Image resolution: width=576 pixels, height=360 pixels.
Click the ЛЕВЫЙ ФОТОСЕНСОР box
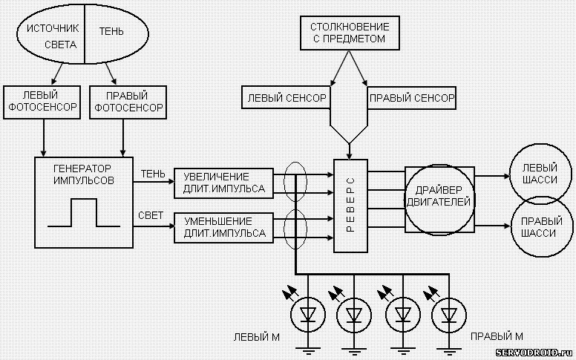pos(42,102)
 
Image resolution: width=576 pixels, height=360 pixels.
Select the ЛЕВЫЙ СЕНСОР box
pos(286,97)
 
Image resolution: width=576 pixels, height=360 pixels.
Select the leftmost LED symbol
pos(307,315)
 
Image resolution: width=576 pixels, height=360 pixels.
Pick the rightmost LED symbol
pos(448,315)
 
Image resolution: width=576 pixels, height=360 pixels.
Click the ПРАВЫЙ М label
pos(497,336)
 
